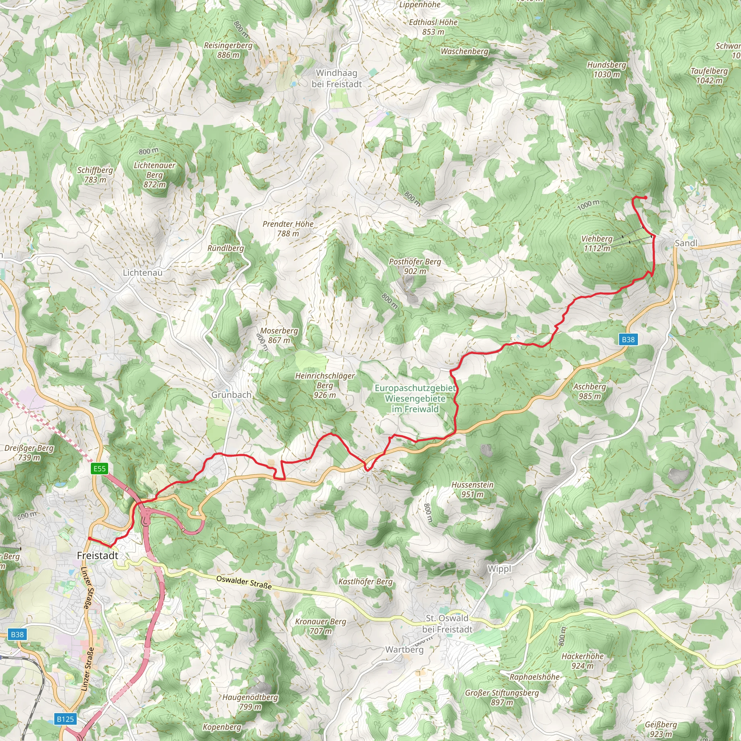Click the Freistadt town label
click(97, 555)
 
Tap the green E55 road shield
click(99, 468)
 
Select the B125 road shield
click(65, 719)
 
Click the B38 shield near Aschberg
click(628, 339)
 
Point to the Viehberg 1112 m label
click(597, 244)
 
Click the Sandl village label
click(686, 243)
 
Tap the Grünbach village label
click(231, 395)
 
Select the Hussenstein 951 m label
click(472, 490)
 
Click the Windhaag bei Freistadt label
click(336, 78)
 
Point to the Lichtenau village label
click(143, 272)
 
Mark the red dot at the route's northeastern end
click(646, 198)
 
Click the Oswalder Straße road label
click(244, 582)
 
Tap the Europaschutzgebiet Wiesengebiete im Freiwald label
click(415, 398)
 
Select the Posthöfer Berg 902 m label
click(415, 266)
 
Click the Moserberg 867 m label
click(279, 335)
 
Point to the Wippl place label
click(499, 569)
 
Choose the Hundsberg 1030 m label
click(606, 69)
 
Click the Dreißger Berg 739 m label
click(29, 453)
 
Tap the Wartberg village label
click(404, 649)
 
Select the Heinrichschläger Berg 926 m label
click(325, 385)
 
